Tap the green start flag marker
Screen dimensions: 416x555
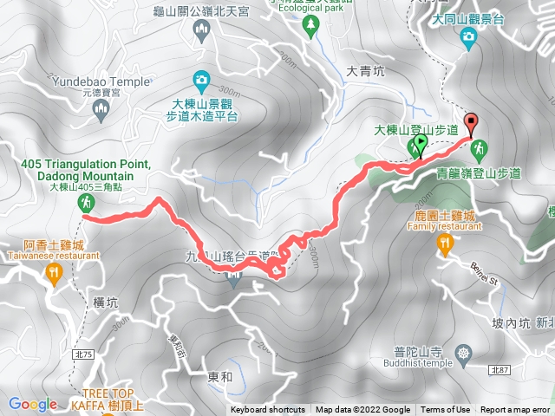point(420,142)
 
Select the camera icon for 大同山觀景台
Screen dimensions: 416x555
point(468,36)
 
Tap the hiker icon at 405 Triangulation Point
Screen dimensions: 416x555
point(86,203)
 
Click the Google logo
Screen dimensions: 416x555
point(33,404)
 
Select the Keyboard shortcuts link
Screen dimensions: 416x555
point(268,410)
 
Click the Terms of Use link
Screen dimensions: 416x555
point(446,410)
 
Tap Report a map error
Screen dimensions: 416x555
point(515,410)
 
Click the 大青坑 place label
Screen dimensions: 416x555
point(365,72)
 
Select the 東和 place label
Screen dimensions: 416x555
point(220,353)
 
